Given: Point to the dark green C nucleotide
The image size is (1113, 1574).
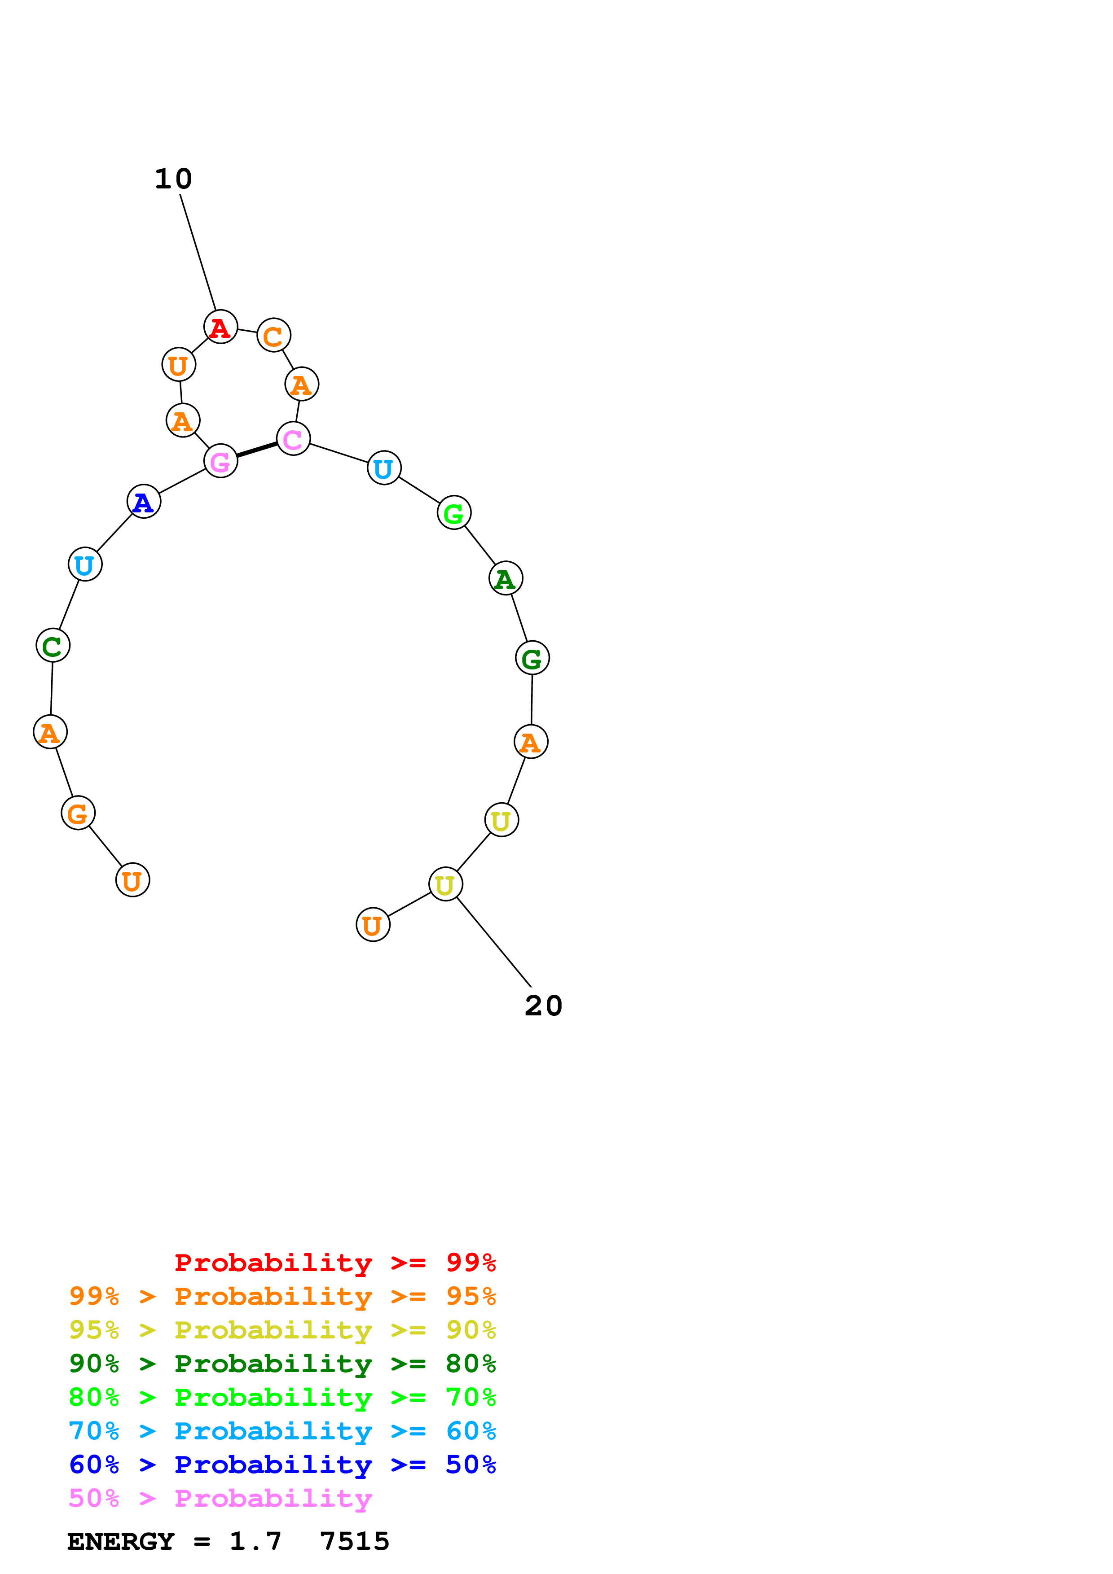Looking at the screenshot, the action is (53, 646).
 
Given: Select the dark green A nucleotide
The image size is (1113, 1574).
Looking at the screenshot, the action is (506, 579).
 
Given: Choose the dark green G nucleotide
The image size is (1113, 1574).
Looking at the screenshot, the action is (532, 658).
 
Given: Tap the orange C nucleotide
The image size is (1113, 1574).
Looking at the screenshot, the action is (273, 335).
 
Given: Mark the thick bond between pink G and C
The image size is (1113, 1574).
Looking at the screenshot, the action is (257, 450).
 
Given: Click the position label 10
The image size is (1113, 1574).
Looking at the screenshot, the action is (173, 179).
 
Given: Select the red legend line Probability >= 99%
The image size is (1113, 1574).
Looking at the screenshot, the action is (334, 1263).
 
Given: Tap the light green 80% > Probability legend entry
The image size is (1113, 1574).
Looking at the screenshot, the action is (282, 1397).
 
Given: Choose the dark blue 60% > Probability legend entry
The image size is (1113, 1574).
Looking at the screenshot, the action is (282, 1465).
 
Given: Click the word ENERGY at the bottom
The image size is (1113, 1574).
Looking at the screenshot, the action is (121, 1541).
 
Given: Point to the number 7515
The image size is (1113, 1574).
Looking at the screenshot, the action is (355, 1541).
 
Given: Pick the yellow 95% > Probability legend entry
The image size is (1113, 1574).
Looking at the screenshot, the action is (282, 1330).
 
